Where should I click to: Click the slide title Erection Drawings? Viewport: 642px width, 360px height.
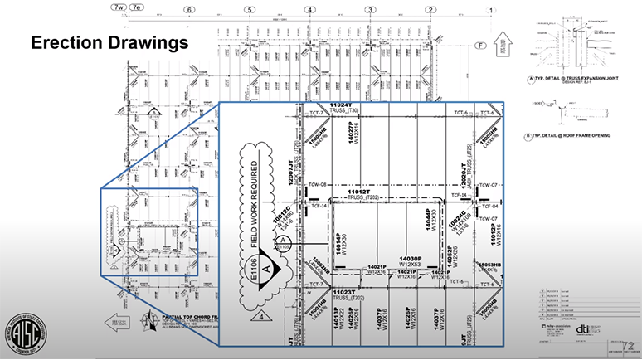click(x=109, y=41)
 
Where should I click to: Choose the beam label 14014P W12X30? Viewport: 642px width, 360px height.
click(x=342, y=241)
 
